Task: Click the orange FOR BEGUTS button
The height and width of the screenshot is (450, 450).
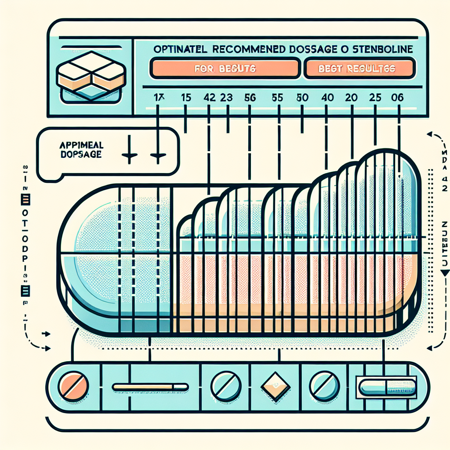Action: (224, 69)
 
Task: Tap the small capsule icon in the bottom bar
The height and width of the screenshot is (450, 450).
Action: (387, 387)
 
